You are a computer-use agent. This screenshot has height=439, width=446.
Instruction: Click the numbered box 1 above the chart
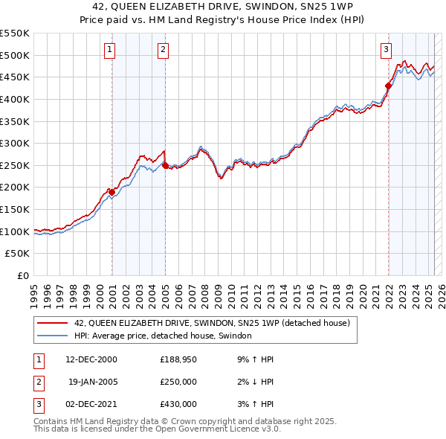110,50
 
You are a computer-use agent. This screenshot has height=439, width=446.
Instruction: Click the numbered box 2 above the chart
163,50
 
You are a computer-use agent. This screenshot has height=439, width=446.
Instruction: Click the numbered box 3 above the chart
387,50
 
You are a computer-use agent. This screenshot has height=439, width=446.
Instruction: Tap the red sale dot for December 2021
388,86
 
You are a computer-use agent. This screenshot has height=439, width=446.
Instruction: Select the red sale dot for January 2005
165,165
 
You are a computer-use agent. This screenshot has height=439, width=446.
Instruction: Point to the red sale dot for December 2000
111,192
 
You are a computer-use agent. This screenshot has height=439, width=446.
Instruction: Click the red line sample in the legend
53,323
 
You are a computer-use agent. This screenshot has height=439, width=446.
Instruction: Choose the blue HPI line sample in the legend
53,336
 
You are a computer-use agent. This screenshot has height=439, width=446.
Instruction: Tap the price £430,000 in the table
178,404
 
